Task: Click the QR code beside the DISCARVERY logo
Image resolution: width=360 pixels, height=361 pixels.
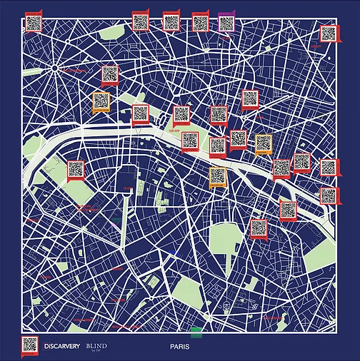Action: pos(30,345)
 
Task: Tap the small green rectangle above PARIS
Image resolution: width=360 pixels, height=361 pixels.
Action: pos(196,332)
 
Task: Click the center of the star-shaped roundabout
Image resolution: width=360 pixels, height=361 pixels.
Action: pos(55,69)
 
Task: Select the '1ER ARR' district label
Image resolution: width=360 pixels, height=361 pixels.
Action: pos(174,131)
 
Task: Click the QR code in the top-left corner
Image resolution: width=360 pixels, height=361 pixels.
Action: pos(33,23)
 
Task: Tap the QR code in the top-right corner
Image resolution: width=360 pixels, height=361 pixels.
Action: pos(328,33)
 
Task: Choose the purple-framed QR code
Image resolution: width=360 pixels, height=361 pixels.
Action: pos(226,22)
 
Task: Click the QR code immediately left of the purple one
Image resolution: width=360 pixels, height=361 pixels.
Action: pos(200,22)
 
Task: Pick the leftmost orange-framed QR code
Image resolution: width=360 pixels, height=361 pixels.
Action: pos(101,102)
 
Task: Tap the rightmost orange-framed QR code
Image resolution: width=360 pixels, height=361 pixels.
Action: pos(263,143)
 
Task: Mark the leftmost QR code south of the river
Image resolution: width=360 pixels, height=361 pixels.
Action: pos(76,170)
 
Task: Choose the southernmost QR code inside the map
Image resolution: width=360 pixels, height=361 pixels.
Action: pos(258,228)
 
